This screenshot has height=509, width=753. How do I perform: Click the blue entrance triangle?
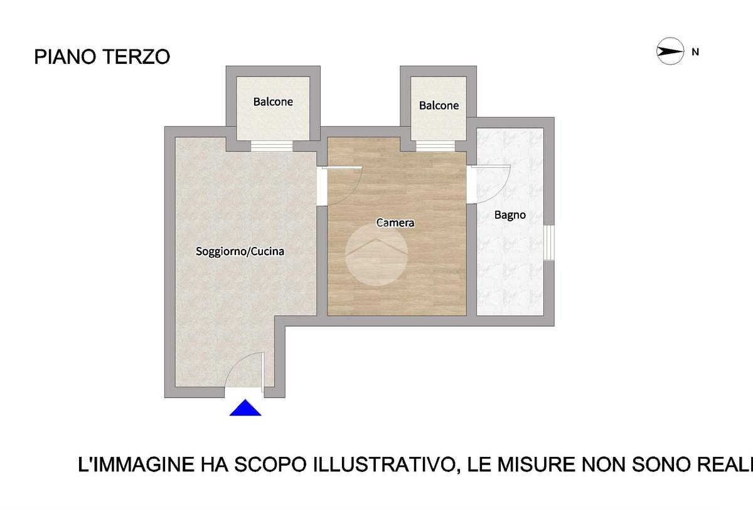coord(245,407)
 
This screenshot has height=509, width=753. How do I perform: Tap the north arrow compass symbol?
coord(670,51)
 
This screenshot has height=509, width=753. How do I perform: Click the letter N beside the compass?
coord(695,53)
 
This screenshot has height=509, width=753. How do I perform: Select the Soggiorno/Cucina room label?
coord(240,251)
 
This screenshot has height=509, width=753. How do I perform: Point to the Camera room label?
coord(395,223)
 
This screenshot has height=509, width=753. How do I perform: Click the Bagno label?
coord(510,215)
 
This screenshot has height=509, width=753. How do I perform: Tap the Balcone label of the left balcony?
coord(273,102)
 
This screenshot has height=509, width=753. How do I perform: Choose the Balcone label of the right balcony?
coord(439,106)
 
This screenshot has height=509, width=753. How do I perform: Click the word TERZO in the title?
coord(137,57)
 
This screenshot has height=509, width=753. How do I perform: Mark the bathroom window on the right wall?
coord(549,243)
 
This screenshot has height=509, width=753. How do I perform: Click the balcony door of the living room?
coord(272,145)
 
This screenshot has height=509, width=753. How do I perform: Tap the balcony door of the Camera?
coord(435,146)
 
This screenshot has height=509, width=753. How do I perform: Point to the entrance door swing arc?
coord(235,362)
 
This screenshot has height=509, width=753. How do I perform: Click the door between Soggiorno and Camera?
coord(340,185)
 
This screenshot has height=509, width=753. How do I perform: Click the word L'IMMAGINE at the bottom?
coord(136,464)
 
